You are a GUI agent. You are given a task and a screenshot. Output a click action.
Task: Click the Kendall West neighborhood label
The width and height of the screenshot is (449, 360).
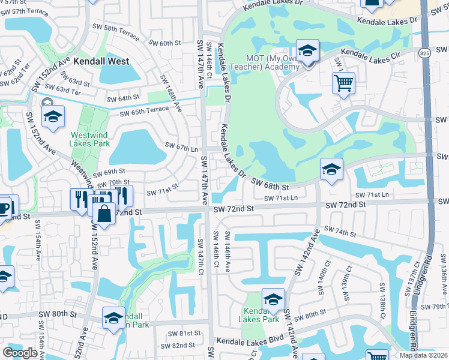click(x=101, y=61)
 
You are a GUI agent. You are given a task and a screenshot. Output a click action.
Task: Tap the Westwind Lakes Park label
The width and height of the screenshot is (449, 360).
click(x=90, y=139)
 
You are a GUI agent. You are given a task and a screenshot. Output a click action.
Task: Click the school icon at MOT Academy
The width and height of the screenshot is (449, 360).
click(x=307, y=52)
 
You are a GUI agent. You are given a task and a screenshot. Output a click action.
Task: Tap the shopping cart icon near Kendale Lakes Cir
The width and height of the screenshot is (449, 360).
click(x=343, y=83)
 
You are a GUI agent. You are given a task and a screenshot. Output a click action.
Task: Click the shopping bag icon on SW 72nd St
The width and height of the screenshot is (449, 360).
click(x=104, y=214)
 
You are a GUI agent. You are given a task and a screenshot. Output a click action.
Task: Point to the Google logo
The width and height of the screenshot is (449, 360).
click(x=20, y=353)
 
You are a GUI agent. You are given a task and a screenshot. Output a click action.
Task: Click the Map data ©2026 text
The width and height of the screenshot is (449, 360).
click(x=424, y=355)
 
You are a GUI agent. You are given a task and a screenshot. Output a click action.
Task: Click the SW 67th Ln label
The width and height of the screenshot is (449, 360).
click(x=181, y=148)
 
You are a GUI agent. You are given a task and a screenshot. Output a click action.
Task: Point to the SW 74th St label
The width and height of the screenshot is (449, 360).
click(x=340, y=230)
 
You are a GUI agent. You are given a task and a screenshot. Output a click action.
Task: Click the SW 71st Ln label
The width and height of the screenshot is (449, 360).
click(x=372, y=195)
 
